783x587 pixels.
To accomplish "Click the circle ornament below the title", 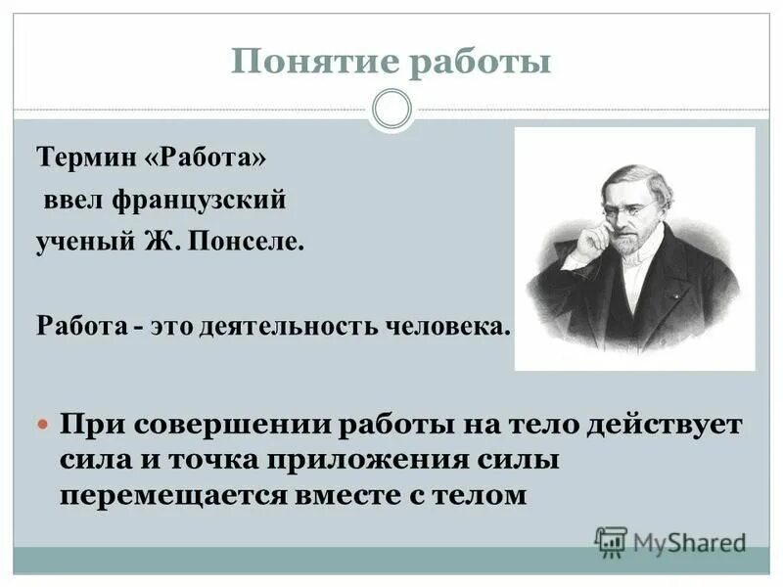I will [392, 110].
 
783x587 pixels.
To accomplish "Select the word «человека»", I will [451, 325].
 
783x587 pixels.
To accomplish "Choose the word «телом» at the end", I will [484, 495].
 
